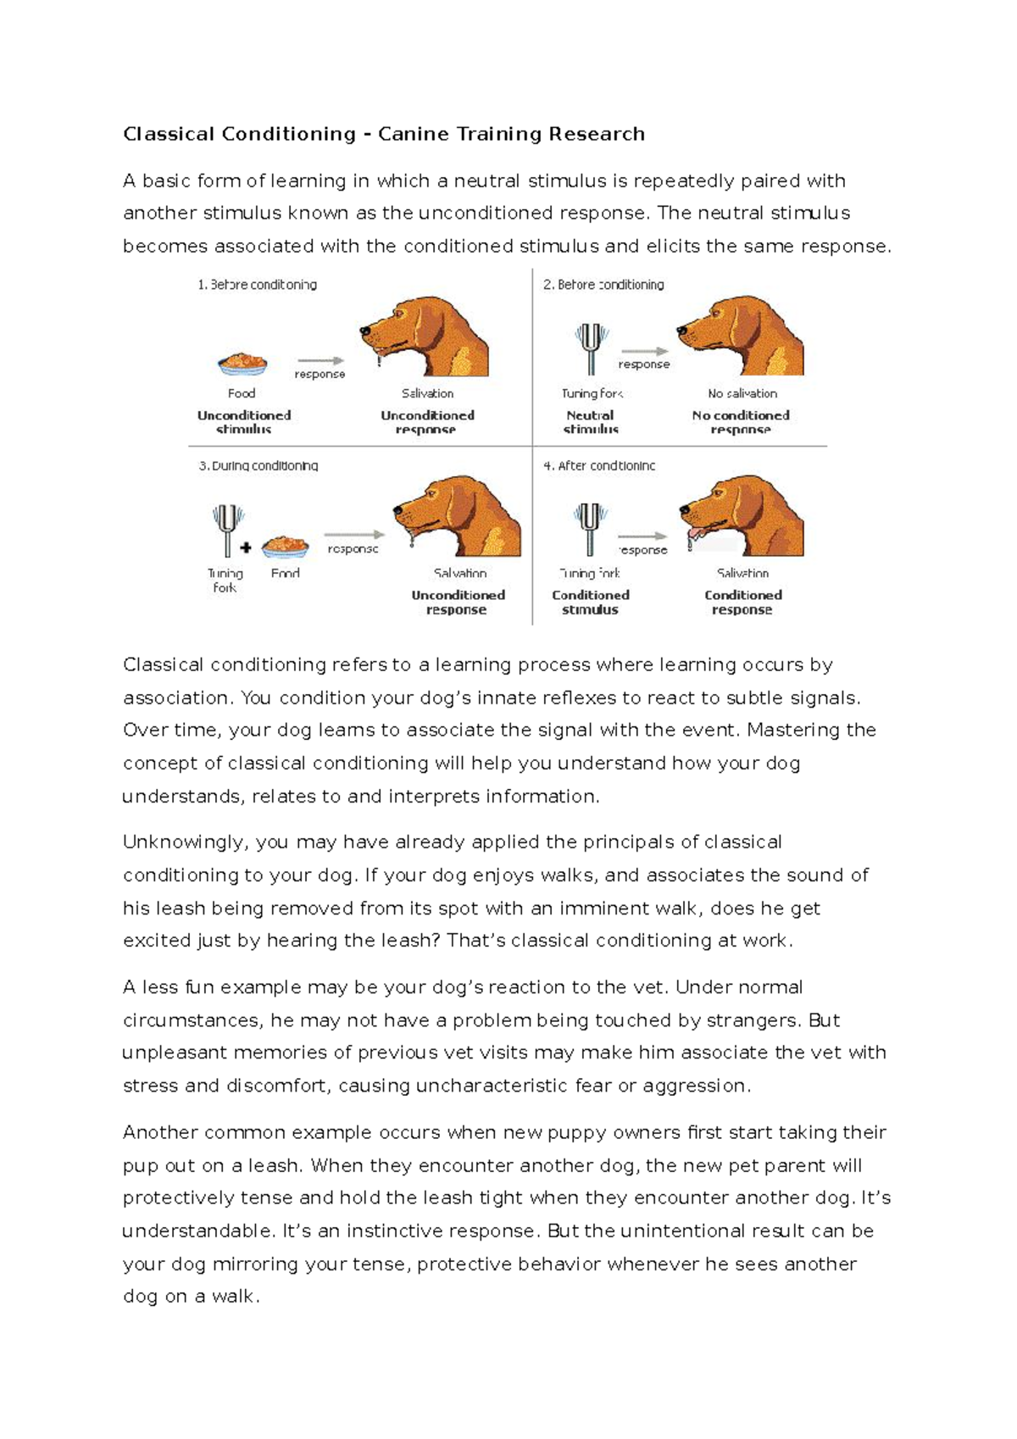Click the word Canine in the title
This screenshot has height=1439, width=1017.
pyautogui.click(x=413, y=134)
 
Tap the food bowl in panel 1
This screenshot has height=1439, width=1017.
pyautogui.click(x=242, y=364)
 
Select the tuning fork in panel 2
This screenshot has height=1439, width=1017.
pyautogui.click(x=591, y=347)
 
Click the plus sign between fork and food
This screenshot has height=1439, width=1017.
pyautogui.click(x=246, y=547)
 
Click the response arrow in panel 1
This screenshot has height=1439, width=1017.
pyautogui.click(x=320, y=360)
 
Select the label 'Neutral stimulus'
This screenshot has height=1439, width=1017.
pyautogui.click(x=590, y=422)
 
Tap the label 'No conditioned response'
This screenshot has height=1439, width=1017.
pyautogui.click(x=741, y=422)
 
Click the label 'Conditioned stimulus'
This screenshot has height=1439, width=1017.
pyautogui.click(x=591, y=602)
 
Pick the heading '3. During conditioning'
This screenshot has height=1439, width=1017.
pyautogui.click(x=258, y=465)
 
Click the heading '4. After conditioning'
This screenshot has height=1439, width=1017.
pyautogui.click(x=599, y=465)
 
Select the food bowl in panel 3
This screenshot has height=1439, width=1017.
pyautogui.click(x=286, y=547)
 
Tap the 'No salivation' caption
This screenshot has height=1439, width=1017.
pyautogui.click(x=742, y=393)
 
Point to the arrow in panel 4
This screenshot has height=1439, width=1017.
pyautogui.click(x=642, y=536)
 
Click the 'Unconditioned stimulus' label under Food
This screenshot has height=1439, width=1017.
pyautogui.click(x=244, y=422)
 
